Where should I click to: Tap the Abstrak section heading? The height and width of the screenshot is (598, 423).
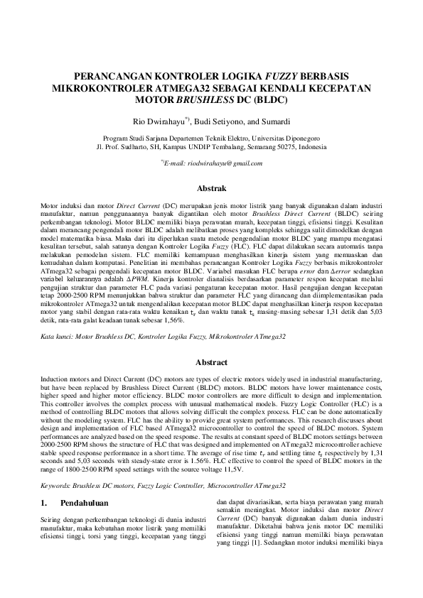210,189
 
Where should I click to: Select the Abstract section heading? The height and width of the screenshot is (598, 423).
210,361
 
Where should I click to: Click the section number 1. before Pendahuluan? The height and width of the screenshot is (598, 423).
43,504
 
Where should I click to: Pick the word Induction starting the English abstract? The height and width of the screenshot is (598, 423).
56,381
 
